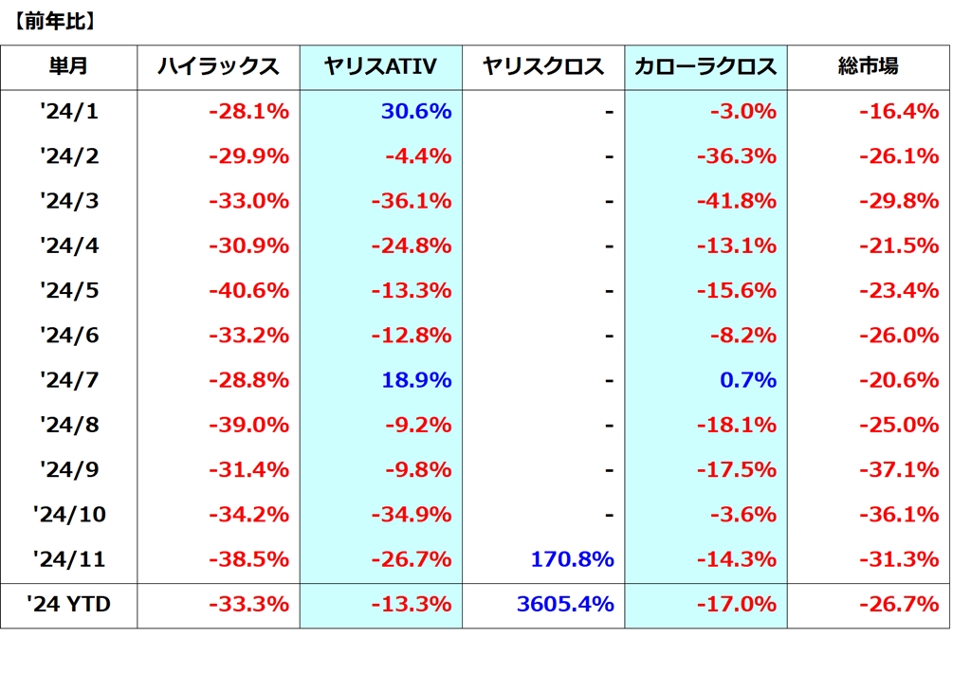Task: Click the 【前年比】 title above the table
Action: pos(54,22)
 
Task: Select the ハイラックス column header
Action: pos(218,66)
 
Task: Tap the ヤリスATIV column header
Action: pos(380,66)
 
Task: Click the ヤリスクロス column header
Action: pos(543,66)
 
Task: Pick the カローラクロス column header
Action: pos(706,66)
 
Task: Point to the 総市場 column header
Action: pos(869,66)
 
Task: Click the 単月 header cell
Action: pos(69,66)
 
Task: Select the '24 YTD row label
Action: pos(69,604)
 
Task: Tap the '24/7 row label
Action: pos(69,380)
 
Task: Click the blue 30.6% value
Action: pos(416,112)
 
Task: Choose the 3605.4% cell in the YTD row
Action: pos(565,604)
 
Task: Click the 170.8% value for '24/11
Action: pos(572,559)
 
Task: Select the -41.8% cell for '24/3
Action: pos(737,201)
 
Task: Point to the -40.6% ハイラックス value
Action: pos(248,291)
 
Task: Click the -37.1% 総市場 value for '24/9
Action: pos(899,470)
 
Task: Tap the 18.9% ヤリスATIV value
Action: pos(416,380)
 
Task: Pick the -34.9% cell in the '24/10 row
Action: pos(411,515)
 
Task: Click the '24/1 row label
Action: pos(69,112)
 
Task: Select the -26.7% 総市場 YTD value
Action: pos(899,604)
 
